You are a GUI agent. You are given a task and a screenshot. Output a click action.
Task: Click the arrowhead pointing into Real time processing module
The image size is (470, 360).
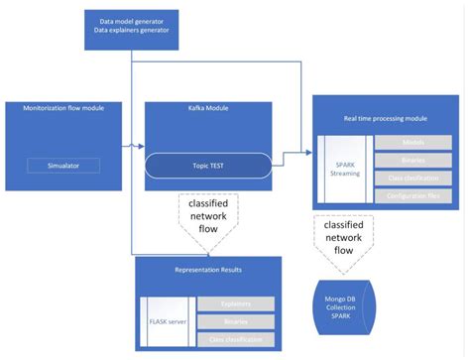pyautogui.click(x=305, y=152)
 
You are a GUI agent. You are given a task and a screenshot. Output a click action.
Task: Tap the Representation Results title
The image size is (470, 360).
pyautogui.click(x=208, y=270)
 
